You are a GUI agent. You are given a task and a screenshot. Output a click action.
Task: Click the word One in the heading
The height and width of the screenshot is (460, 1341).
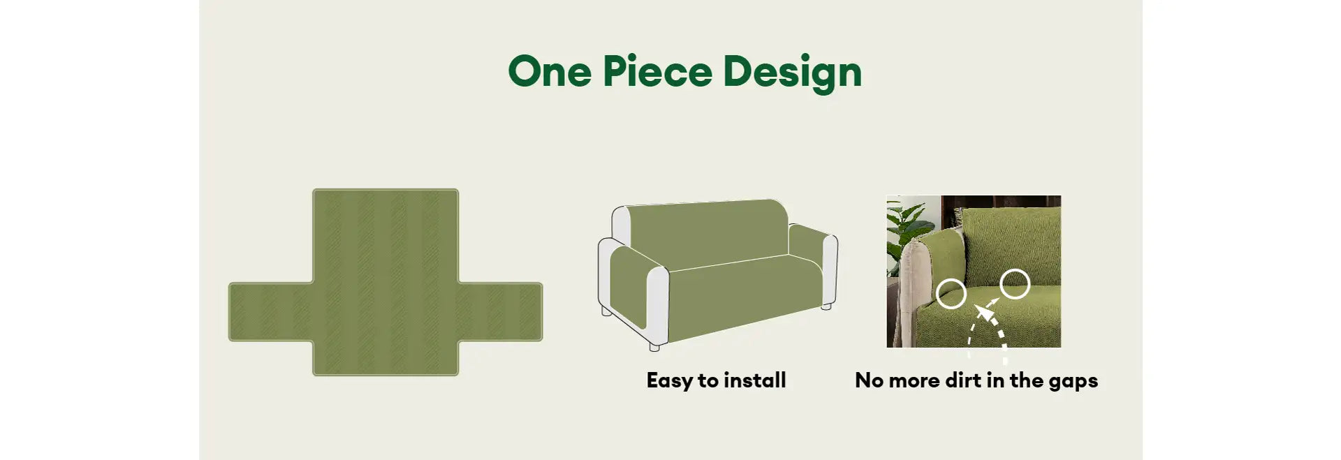(550, 71)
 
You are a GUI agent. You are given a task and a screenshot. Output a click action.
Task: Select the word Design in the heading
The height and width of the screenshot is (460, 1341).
(793, 73)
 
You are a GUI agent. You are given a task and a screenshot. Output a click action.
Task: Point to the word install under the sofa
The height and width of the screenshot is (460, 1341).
(755, 380)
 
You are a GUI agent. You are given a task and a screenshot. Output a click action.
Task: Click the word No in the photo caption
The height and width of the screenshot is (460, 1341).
(870, 380)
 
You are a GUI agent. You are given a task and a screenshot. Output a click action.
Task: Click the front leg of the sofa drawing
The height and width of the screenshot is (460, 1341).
(654, 345)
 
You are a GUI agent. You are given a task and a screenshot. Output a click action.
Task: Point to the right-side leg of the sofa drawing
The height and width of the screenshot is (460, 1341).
(826, 306)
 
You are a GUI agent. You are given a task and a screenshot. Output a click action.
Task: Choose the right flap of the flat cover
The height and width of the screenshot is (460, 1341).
(500, 312)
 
